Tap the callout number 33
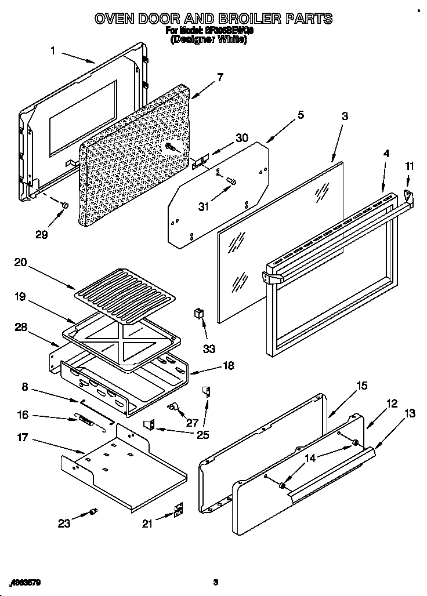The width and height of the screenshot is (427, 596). tap(209, 348)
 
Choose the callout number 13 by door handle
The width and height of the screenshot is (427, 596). tap(410, 413)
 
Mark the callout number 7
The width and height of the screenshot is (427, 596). tap(219, 77)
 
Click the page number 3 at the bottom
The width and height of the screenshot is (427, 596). tap(215, 582)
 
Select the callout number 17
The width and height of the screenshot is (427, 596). tap(21, 438)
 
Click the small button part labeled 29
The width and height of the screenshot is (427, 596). tap(65, 205)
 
